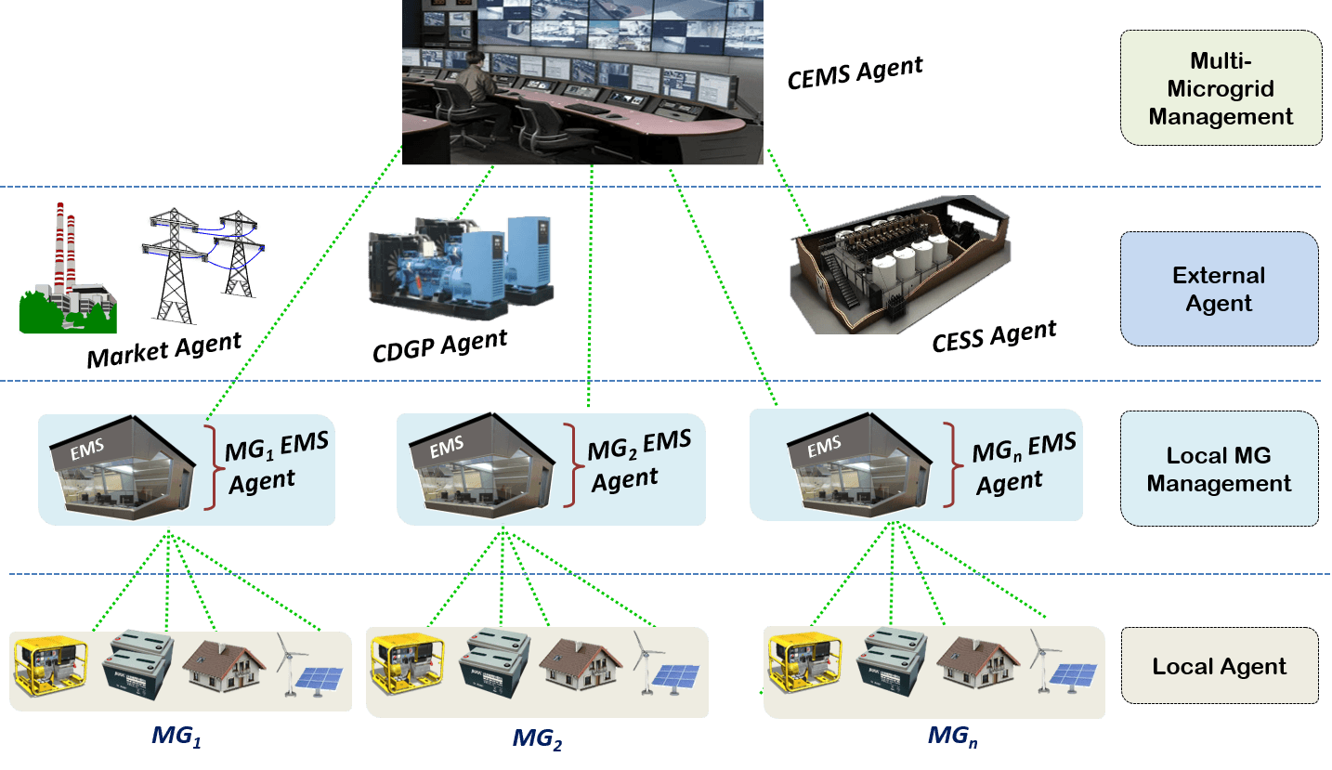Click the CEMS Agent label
[x=855, y=72]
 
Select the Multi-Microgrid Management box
[x=1221, y=88]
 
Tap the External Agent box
[x=1219, y=289]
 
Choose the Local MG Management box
[x=1219, y=469]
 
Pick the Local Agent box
[x=1219, y=666]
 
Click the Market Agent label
[x=164, y=349]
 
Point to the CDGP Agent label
[x=440, y=346]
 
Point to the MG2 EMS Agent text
[x=638, y=459]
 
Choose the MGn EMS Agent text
[x=1023, y=462]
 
